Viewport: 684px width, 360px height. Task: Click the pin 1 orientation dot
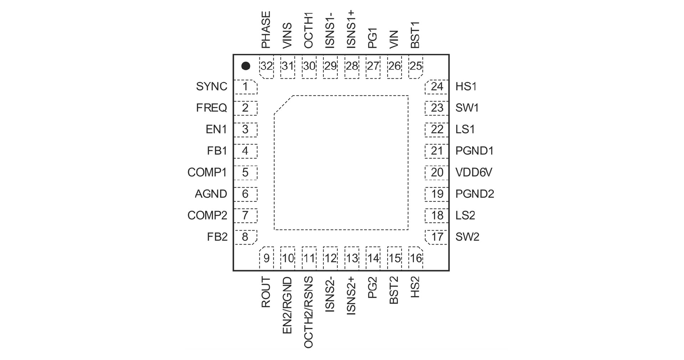246,66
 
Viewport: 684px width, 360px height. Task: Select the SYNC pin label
212,87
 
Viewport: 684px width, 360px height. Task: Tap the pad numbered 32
266,66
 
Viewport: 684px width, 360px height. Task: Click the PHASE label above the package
266,30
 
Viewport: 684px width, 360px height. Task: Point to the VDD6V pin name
474,173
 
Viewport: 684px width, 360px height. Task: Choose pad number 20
437,173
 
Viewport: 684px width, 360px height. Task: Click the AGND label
211,194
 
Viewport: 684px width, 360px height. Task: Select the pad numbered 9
266,258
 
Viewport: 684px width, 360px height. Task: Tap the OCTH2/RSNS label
309,312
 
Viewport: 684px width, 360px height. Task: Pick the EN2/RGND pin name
287,306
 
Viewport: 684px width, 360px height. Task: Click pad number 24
437,87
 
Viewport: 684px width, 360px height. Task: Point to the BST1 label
415,35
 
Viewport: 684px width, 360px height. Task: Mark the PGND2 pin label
475,194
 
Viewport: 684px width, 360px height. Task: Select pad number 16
416,258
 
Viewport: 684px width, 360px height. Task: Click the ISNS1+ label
351,29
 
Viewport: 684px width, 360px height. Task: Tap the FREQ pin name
212,108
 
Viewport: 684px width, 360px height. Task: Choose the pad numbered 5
245,173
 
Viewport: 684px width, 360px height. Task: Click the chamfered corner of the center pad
283,105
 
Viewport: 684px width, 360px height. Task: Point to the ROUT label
266,292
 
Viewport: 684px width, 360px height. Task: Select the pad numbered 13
352,258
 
